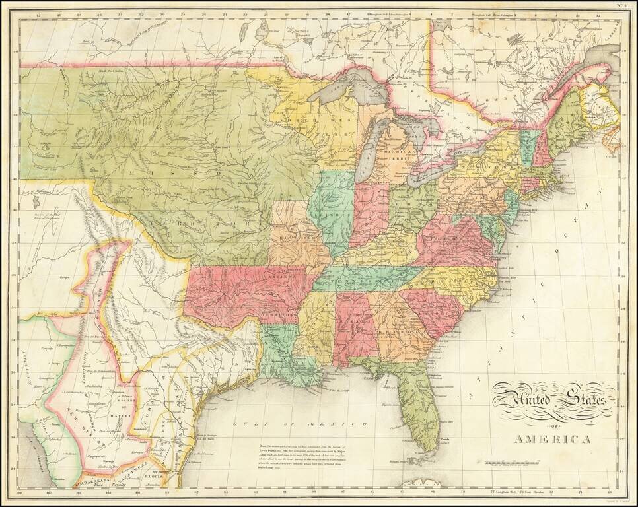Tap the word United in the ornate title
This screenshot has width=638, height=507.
[x=520, y=399]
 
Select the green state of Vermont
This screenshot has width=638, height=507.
[x=529, y=147]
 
